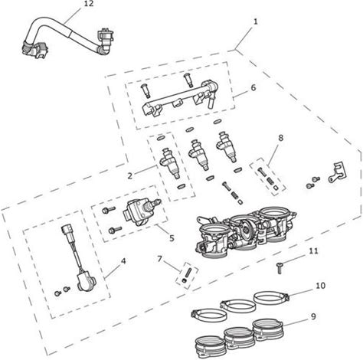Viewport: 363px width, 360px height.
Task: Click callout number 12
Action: [89, 4]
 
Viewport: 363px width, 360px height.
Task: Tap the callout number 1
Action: [255, 22]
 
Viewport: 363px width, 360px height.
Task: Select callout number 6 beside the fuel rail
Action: [253, 87]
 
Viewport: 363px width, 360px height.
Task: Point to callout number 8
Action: [280, 138]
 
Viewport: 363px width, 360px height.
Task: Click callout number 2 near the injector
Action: [130, 175]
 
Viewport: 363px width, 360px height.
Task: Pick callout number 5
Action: [172, 238]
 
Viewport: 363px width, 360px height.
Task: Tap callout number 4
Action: [123, 261]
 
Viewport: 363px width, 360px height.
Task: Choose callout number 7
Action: [160, 259]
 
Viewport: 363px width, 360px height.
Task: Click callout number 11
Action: [313, 251]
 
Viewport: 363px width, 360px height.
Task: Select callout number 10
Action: [321, 286]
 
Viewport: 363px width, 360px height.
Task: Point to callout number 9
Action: [313, 316]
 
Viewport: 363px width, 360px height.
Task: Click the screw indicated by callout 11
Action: [280, 269]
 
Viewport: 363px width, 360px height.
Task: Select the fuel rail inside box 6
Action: [178, 99]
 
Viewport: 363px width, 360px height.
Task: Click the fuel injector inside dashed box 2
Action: [171, 163]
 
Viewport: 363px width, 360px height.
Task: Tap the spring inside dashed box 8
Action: [270, 181]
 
